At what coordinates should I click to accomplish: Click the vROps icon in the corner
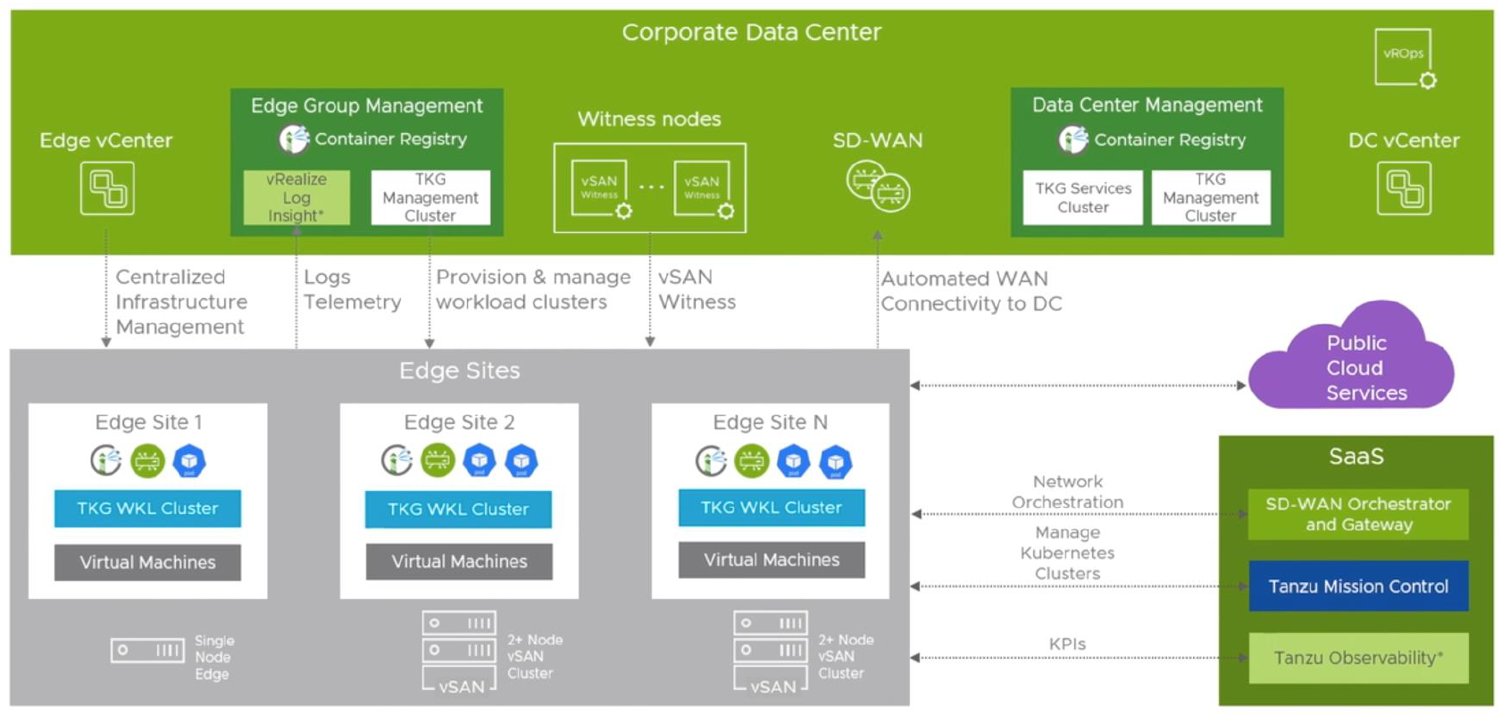(x=1405, y=58)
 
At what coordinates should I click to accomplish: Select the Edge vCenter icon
(x=107, y=188)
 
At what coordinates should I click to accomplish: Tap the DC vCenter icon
(x=1404, y=188)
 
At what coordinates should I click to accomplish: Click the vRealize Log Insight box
(x=296, y=197)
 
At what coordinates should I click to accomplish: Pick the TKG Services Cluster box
(x=1082, y=197)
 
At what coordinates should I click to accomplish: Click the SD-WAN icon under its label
(x=878, y=186)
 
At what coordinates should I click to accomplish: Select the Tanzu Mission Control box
(x=1357, y=586)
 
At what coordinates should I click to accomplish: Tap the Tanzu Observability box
(x=1357, y=658)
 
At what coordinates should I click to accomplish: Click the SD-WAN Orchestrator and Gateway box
(x=1357, y=514)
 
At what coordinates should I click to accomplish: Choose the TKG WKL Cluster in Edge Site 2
(x=458, y=510)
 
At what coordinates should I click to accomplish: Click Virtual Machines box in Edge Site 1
(x=147, y=562)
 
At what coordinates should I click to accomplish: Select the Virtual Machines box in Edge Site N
(x=772, y=560)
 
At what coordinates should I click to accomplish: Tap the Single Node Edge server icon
(x=147, y=650)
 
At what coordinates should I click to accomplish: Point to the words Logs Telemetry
(x=352, y=289)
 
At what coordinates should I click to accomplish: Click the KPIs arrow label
(x=1067, y=644)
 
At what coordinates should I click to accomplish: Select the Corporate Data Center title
(x=751, y=32)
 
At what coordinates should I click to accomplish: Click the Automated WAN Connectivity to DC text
(x=971, y=291)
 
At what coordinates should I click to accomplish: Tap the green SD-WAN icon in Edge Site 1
(x=147, y=461)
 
